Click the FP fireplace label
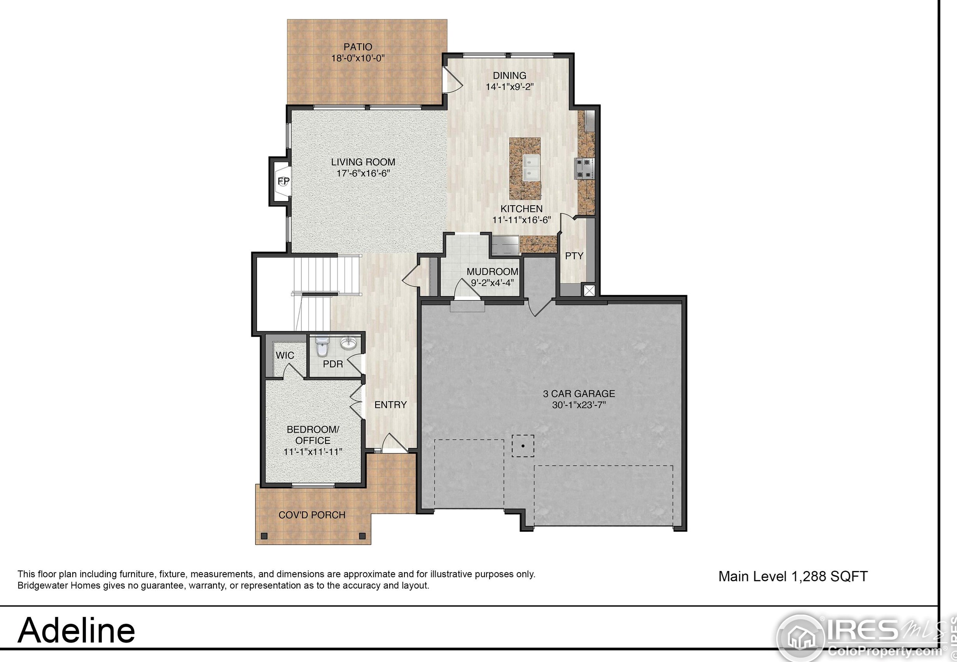pos(283,181)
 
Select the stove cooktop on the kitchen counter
pos(584,168)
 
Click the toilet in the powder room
pos(322,347)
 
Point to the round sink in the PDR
pos(348,344)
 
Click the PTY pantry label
pos(574,256)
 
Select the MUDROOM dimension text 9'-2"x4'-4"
pos(492,283)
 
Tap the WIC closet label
pos(285,355)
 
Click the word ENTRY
pos(390,405)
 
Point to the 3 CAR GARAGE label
pos(579,394)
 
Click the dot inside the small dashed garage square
pos(523,446)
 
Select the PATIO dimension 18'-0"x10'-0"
pos(358,58)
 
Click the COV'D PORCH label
pos(311,515)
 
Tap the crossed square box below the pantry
pos(589,290)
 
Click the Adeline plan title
pos(76,630)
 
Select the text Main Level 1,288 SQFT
pos(793,576)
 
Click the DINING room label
pos(509,75)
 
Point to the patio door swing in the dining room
pos(452,80)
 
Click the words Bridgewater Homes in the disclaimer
pos(54,586)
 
